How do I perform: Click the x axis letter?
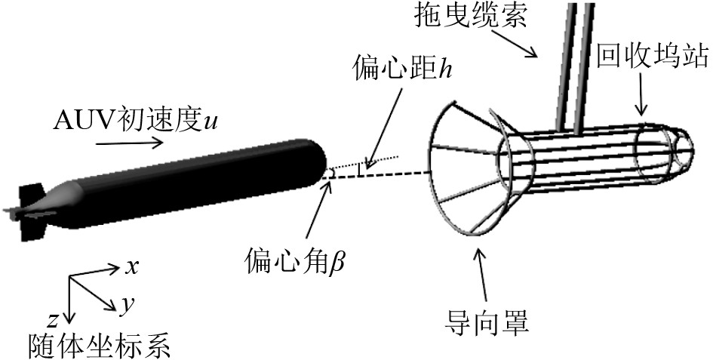coord(131,266)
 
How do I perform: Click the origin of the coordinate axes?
coord(70,278)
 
